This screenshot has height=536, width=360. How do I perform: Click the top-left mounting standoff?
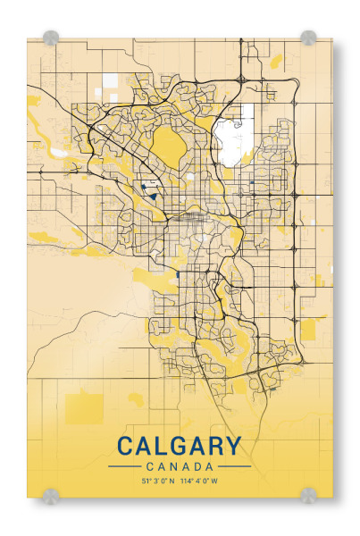tap(51, 38)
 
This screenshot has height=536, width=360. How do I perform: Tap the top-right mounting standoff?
tap(308, 38)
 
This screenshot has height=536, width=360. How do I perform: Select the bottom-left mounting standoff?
tap(51, 494)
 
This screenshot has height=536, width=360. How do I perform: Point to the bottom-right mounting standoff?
tap(308, 494)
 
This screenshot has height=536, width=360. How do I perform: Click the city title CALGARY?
tap(179, 446)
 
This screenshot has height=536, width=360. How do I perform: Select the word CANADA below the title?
tap(179, 466)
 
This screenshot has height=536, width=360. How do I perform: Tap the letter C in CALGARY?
tap(125, 446)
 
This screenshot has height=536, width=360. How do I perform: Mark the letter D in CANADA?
tap(197, 466)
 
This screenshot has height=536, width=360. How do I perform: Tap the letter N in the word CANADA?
tap(171, 466)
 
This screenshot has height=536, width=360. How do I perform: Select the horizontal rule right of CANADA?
tap(235, 466)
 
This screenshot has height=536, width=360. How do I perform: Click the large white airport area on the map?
tap(233, 137)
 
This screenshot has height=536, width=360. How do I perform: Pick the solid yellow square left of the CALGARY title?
tap(85, 407)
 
